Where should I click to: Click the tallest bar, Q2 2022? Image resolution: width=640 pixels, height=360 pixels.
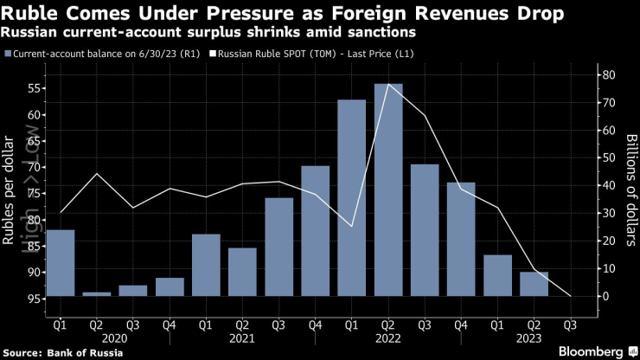[x=388, y=190]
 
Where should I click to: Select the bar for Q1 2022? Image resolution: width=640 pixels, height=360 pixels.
[x=352, y=198]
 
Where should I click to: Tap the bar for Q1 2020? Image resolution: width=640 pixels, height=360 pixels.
[x=61, y=263]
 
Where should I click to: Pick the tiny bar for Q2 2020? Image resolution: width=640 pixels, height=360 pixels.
[x=97, y=294]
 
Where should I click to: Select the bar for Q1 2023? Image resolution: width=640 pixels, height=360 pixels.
[x=498, y=275]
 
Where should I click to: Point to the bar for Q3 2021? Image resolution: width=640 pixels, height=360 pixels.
[x=279, y=247]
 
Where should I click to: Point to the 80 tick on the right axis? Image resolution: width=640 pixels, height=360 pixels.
[x=608, y=75]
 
